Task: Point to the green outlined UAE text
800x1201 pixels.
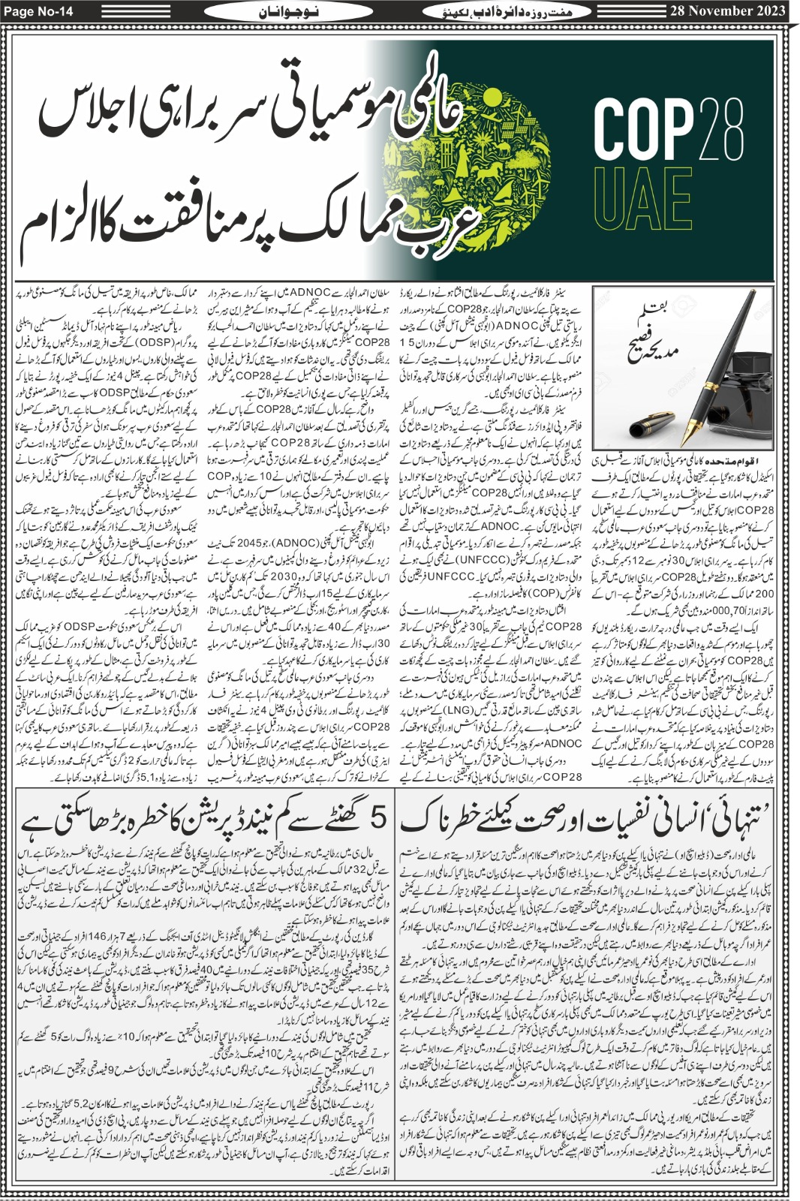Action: coord(643,199)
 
